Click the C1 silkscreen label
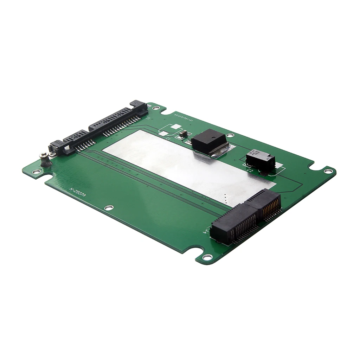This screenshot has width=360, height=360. [x=168, y=139]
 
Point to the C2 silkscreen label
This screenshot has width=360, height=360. [x=250, y=170]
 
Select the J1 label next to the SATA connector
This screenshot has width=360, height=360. [x=148, y=118]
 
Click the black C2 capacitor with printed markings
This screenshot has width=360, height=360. [x=260, y=160]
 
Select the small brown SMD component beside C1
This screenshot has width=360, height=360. [x=182, y=134]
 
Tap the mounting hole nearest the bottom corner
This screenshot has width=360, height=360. [x=207, y=257]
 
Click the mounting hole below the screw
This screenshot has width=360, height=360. [x=36, y=172]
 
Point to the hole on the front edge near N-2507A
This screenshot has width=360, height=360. [x=109, y=207]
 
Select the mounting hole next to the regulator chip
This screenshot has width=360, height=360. [x=230, y=135]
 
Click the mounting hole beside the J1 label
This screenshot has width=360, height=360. [x=155, y=108]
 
